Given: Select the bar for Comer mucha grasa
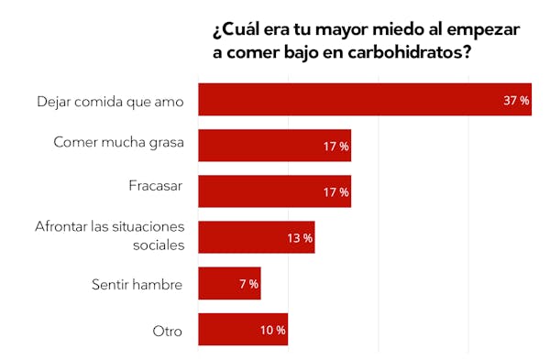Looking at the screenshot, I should pyautogui.click(x=274, y=146).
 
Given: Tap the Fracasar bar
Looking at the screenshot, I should pyautogui.click(x=274, y=191).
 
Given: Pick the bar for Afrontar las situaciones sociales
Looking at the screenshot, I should pyautogui.click(x=256, y=237).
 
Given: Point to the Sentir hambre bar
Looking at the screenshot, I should pyautogui.click(x=229, y=284).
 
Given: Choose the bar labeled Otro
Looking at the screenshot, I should pyautogui.click(x=242, y=330).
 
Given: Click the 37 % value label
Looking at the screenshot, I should pyautogui.click(x=516, y=100).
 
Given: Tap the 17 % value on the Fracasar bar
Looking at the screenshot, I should pyautogui.click(x=335, y=191).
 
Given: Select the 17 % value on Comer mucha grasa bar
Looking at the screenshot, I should pyautogui.click(x=335, y=146).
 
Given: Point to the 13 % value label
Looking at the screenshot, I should pyautogui.click(x=300, y=238).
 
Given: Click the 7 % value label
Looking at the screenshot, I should pyautogui.click(x=248, y=284).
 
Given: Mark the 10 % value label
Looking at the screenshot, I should pyautogui.click(x=272, y=330).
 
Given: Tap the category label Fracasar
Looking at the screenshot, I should pyautogui.click(x=156, y=186).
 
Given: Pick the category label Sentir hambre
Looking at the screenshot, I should pyautogui.click(x=137, y=285).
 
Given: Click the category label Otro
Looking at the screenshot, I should pyautogui.click(x=169, y=331).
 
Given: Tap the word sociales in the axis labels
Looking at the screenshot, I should pyautogui.click(x=158, y=245).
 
